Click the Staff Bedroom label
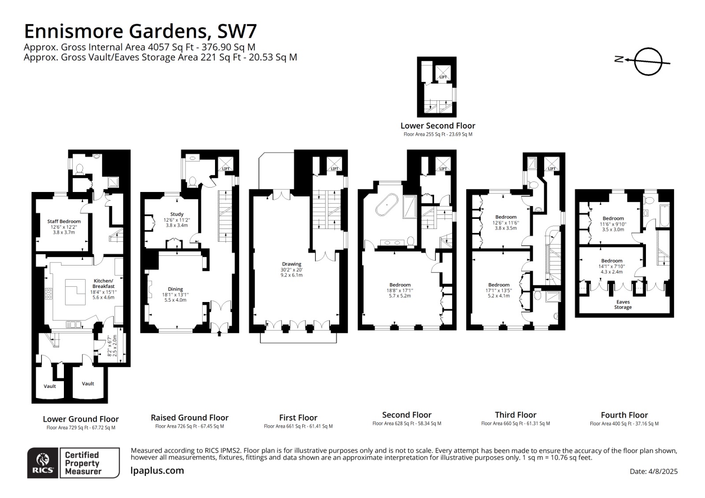click(x=64, y=221)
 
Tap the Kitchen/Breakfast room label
click(x=103, y=283)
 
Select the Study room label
click(x=177, y=214)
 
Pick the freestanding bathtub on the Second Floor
click(x=387, y=205)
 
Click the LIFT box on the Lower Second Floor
click(x=443, y=74)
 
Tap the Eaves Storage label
click(x=623, y=305)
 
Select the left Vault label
click(x=50, y=386)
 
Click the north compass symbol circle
click(x=649, y=61)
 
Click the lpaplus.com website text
click(x=157, y=471)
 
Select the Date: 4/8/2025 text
click(x=653, y=471)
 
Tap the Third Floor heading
click(x=516, y=415)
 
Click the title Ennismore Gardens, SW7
click(x=140, y=31)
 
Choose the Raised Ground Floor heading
click(x=189, y=417)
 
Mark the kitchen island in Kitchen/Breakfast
click(x=75, y=292)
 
